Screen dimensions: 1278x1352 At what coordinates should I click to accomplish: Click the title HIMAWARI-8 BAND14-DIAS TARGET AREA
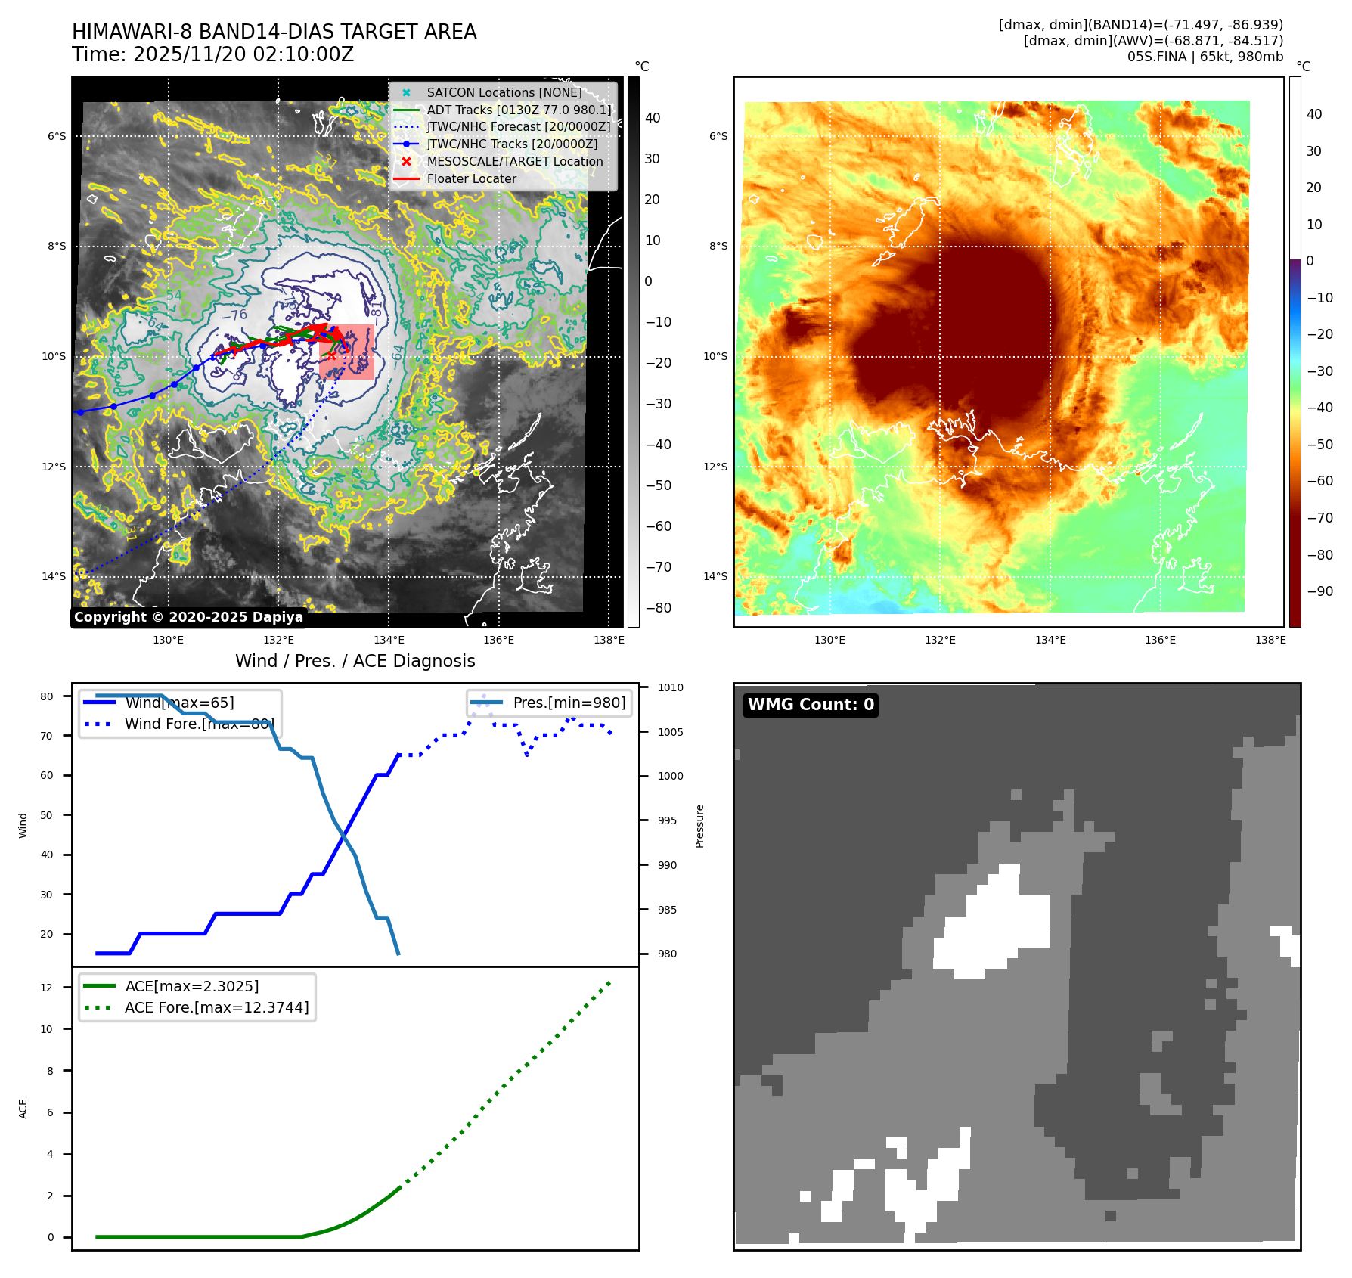[274, 32]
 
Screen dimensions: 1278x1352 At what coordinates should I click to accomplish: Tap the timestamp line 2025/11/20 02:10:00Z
[212, 54]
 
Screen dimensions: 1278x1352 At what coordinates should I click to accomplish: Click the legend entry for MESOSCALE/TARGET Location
[514, 161]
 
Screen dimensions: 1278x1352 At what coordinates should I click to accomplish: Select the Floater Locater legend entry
[471, 178]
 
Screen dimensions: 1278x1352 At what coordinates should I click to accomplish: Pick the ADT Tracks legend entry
[519, 110]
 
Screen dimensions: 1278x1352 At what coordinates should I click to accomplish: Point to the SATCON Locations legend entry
[504, 92]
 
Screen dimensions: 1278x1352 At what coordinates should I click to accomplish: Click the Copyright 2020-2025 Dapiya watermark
[188, 617]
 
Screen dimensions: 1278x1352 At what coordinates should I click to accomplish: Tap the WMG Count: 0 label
[811, 705]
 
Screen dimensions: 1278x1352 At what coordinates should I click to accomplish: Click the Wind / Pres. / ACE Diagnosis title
[355, 661]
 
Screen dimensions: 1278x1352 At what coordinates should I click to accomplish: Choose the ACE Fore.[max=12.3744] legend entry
[216, 1007]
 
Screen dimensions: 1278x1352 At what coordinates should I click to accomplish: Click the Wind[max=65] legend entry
[179, 703]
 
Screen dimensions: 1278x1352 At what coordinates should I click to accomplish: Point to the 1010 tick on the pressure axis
[670, 687]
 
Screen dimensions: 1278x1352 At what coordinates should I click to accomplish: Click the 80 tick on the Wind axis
[47, 696]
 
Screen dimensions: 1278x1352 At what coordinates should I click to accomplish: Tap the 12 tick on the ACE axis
[47, 988]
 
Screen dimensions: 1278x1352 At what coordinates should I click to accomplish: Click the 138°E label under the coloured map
[1270, 640]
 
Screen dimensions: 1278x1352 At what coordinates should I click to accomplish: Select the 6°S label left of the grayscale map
[57, 136]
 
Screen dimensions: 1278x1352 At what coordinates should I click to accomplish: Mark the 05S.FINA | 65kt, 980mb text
[1205, 57]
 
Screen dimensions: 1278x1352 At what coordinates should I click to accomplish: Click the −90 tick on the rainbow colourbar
[1319, 591]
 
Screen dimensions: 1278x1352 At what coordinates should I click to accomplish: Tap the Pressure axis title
[699, 826]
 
